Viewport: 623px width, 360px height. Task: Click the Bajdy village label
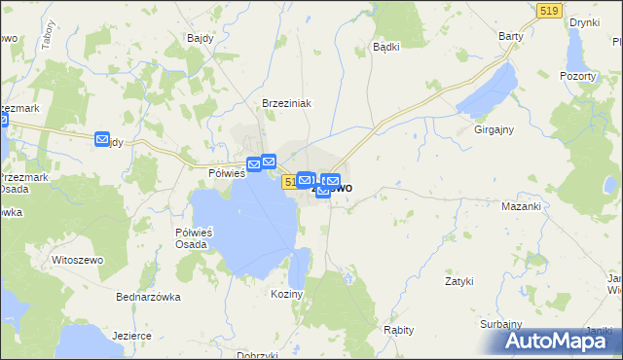pyautogui.click(x=199, y=38)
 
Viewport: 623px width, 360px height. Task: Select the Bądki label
pyautogui.click(x=386, y=46)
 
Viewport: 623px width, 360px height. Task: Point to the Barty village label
pyautogui.click(x=511, y=36)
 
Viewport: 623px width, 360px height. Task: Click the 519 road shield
pyautogui.click(x=548, y=9)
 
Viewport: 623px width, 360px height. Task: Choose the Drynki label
pyautogui.click(x=584, y=21)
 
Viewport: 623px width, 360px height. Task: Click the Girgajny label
pyautogui.click(x=494, y=128)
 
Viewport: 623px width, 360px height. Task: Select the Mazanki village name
pyautogui.click(x=520, y=207)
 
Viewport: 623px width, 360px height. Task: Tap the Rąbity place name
pyautogui.click(x=400, y=330)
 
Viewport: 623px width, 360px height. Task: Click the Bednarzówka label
pyautogui.click(x=148, y=297)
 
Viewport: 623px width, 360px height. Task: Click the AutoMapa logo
pyautogui.click(x=558, y=341)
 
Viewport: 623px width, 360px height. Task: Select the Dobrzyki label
pyautogui.click(x=257, y=355)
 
